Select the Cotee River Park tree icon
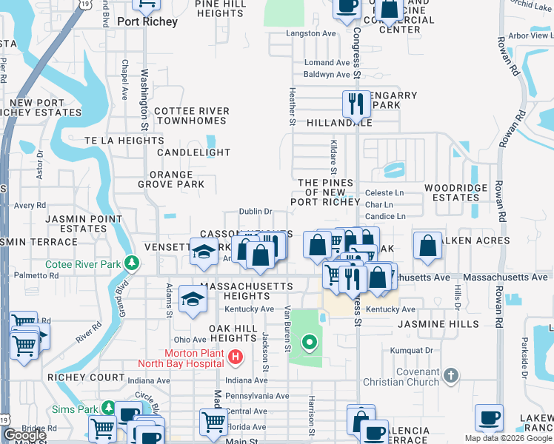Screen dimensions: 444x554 (x=132, y=263)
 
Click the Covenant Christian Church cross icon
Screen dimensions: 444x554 (x=450, y=376)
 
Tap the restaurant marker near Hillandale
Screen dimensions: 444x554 (x=356, y=104)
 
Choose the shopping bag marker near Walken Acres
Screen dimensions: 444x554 (x=428, y=246)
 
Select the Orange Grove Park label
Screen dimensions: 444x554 (x=171, y=179)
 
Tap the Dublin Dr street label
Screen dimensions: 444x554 (x=256, y=212)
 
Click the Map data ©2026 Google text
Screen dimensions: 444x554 (x=507, y=438)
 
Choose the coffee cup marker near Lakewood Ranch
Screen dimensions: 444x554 (x=489, y=417)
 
